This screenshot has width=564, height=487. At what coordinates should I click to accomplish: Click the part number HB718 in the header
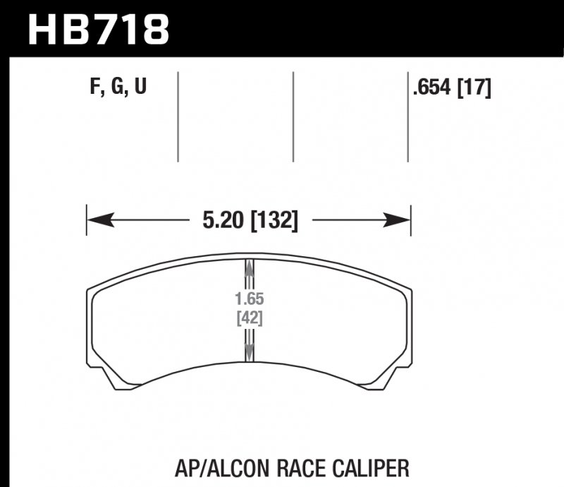click(x=99, y=30)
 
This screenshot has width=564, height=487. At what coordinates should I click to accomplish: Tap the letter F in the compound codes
click(x=95, y=88)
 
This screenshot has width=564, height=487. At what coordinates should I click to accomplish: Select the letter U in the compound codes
click(x=140, y=88)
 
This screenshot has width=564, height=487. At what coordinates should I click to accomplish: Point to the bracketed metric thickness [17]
click(x=474, y=88)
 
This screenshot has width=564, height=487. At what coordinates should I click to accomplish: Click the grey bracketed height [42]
click(x=249, y=318)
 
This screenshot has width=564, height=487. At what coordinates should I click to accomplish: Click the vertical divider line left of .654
click(x=408, y=116)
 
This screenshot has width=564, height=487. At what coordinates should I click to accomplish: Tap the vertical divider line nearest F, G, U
click(x=178, y=116)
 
